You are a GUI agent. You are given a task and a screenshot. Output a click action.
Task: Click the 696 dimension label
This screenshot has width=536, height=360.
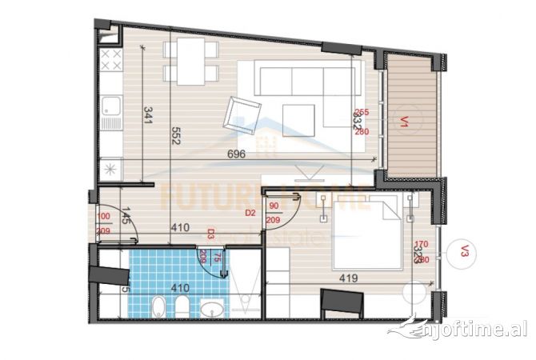click(236, 153)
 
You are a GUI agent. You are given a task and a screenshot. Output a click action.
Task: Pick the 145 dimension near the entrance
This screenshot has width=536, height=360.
click(126, 214)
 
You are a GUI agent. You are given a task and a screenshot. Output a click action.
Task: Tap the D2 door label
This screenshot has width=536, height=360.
click(250, 213)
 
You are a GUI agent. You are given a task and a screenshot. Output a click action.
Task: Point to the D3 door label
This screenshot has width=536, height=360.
click(210, 234)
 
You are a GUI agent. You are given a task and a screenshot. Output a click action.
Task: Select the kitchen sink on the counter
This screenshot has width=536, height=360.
click(110, 108)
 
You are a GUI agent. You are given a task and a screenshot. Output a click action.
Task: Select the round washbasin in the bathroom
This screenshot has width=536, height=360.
click(213, 308)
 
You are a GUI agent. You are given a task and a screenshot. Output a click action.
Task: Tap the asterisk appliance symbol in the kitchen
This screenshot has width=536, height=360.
click(110, 170)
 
